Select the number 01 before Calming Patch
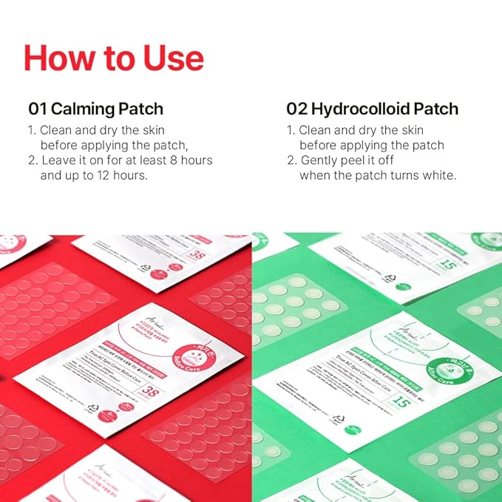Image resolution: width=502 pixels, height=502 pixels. click(38, 109)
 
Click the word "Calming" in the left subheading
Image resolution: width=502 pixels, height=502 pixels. click(79, 109)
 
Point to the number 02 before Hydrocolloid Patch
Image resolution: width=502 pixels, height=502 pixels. click(296, 109)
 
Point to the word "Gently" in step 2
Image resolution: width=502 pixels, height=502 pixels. click(320, 160)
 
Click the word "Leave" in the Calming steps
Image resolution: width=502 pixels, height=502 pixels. click(58, 160)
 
